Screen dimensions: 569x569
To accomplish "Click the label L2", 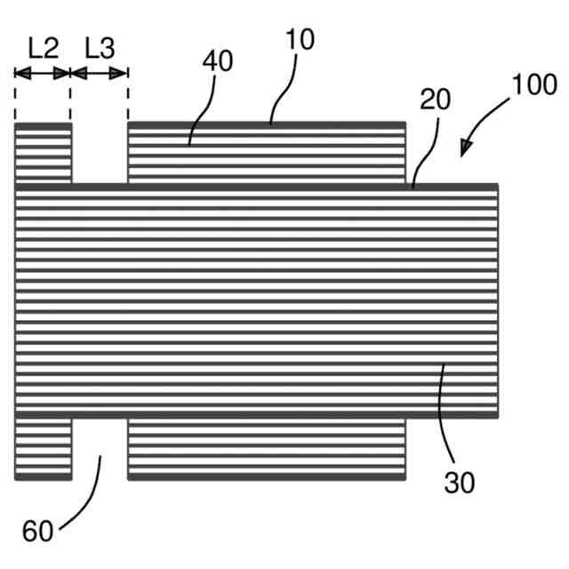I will tap(43, 48).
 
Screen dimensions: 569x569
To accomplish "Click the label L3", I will tap(100, 48).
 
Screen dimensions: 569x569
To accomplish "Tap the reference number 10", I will tap(300, 39).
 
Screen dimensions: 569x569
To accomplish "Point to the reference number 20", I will tap(435, 100).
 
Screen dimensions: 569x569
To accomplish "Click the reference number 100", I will tap(534, 84).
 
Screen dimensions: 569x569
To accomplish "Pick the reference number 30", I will tap(460, 483).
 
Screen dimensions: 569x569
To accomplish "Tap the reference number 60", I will tap(37, 532).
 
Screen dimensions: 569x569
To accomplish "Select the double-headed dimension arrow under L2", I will tap(43, 73).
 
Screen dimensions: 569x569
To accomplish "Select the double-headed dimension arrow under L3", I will tap(100, 73).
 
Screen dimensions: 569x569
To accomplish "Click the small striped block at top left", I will tap(43, 153).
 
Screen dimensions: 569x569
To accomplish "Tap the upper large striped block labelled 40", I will tap(267, 153).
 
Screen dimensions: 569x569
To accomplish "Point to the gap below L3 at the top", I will tap(100, 153).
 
